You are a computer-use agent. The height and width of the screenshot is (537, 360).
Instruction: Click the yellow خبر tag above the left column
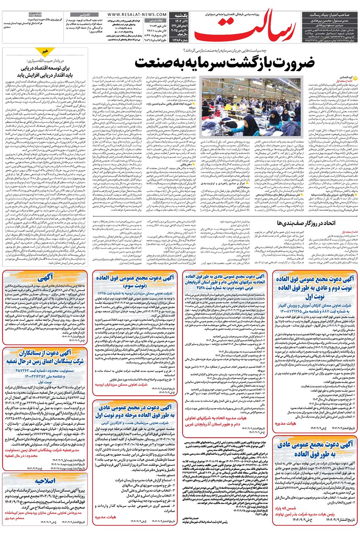click(45, 51)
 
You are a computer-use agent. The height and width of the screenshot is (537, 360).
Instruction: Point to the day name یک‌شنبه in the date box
click(181, 16)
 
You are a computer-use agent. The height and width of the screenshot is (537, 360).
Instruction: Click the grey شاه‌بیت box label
click(35, 15)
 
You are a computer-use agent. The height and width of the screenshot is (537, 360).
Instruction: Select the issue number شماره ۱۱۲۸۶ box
click(180, 40)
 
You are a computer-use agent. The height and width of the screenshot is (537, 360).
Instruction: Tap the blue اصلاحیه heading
click(45, 481)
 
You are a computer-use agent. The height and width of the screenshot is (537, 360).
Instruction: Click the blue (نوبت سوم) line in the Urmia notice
click(135, 286)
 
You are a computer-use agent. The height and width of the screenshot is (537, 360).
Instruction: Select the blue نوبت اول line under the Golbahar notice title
click(315, 297)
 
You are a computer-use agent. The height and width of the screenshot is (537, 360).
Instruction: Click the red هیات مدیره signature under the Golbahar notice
click(285, 423)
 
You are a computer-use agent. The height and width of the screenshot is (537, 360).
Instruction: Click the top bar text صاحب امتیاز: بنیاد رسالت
click(329, 15)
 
